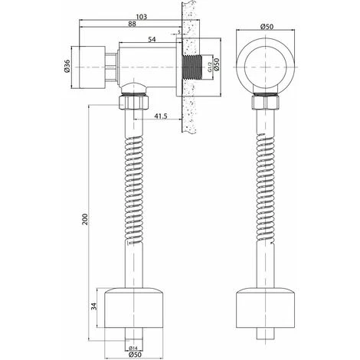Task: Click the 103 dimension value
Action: [x=142, y=17]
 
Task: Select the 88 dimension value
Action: [x=132, y=24]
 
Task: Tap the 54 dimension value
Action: [x=152, y=39]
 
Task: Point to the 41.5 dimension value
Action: [x=161, y=116]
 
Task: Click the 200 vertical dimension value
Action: [x=85, y=219]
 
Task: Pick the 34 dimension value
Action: [x=94, y=306]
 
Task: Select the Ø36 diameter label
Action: [x=67, y=66]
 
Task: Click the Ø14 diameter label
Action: [x=133, y=348]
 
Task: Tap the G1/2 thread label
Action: [x=209, y=67]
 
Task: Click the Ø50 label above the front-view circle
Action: [x=267, y=27]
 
